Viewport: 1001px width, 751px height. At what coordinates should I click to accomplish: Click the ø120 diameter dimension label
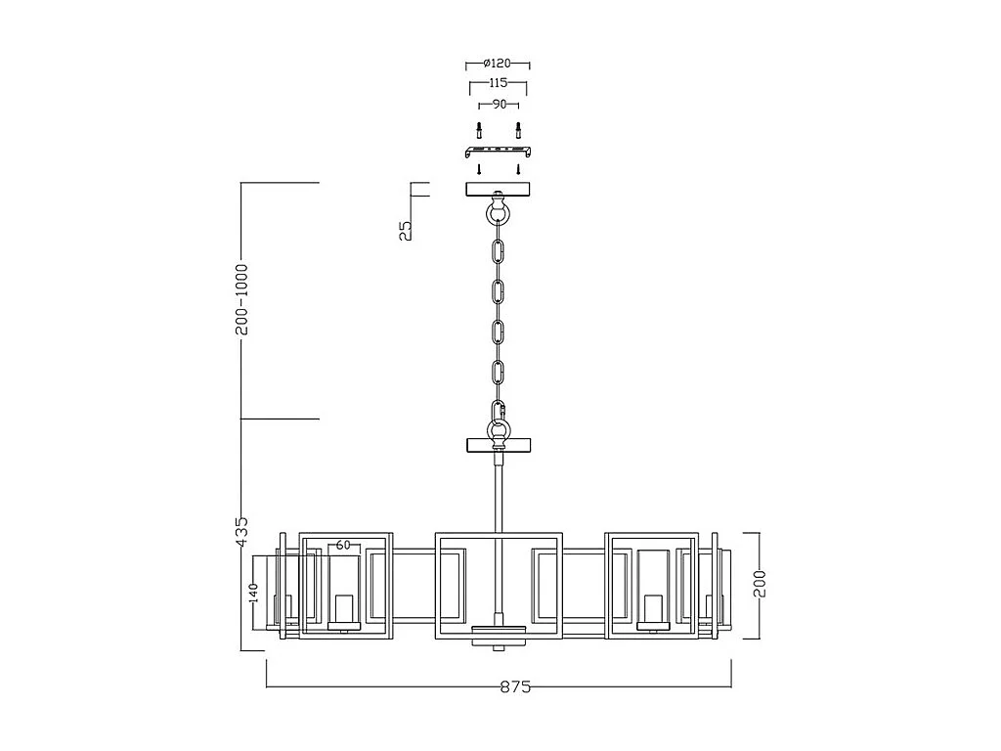click(x=499, y=63)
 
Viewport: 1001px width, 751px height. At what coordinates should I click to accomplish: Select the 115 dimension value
click(x=499, y=83)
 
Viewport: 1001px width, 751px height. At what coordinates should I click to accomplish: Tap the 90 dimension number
click(x=499, y=104)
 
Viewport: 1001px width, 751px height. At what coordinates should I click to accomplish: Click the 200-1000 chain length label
click(x=241, y=299)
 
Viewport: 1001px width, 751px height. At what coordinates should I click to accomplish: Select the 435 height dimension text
click(x=241, y=532)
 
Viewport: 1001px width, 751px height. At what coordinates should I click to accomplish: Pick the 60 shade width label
click(x=343, y=545)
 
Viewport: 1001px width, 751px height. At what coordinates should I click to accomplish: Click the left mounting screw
click(x=479, y=129)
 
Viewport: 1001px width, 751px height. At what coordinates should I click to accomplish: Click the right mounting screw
click(x=518, y=129)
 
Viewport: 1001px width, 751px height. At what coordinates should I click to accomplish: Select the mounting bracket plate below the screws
click(x=499, y=152)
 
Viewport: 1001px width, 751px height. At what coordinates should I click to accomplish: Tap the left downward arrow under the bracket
click(x=479, y=169)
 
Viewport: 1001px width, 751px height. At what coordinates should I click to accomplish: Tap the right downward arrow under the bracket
click(x=518, y=169)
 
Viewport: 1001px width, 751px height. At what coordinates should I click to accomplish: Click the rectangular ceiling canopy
click(x=499, y=189)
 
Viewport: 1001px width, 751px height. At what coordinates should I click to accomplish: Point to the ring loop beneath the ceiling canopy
click(x=499, y=212)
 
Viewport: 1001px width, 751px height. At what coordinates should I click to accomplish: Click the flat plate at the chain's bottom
click(x=499, y=446)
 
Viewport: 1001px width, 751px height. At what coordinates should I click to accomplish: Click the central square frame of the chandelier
click(x=499, y=584)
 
